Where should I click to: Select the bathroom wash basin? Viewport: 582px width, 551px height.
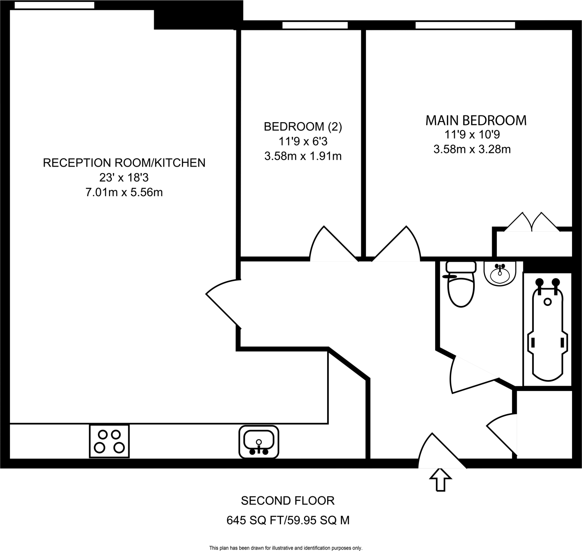(500, 273)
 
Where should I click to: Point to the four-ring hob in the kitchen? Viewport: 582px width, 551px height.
(109, 441)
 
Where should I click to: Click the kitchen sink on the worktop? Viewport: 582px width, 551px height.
(259, 442)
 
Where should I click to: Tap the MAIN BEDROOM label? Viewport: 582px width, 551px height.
(476, 121)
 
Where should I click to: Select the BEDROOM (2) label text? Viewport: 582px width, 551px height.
(303, 127)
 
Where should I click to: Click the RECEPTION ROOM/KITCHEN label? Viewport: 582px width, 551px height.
(124, 162)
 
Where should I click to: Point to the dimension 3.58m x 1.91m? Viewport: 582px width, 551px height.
(303, 156)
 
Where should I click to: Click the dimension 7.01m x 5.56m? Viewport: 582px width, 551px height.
(124, 192)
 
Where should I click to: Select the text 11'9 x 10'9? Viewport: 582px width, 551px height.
(472, 134)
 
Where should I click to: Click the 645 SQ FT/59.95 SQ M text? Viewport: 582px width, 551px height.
(288, 521)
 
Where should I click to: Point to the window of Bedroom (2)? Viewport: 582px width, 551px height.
(315, 25)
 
